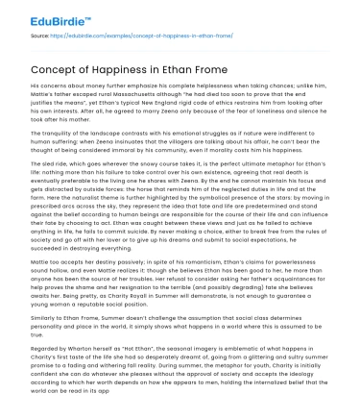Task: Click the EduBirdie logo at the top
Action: tap(47, 15)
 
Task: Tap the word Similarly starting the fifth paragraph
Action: tap(49, 355)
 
